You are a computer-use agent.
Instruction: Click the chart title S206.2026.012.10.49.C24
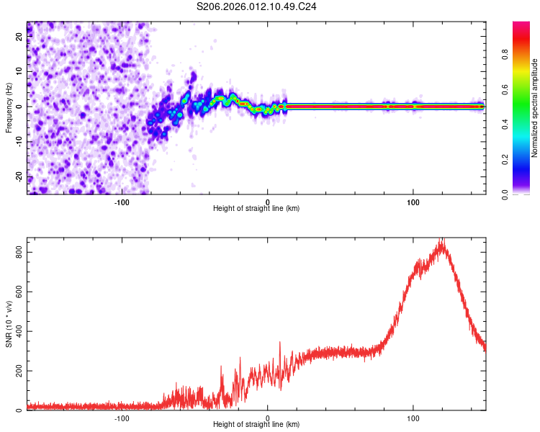coord(257,6)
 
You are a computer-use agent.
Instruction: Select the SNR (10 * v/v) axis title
coord(9,323)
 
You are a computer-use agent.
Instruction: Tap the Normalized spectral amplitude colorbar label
coord(535,108)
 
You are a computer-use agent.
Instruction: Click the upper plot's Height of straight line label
coord(256,209)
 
